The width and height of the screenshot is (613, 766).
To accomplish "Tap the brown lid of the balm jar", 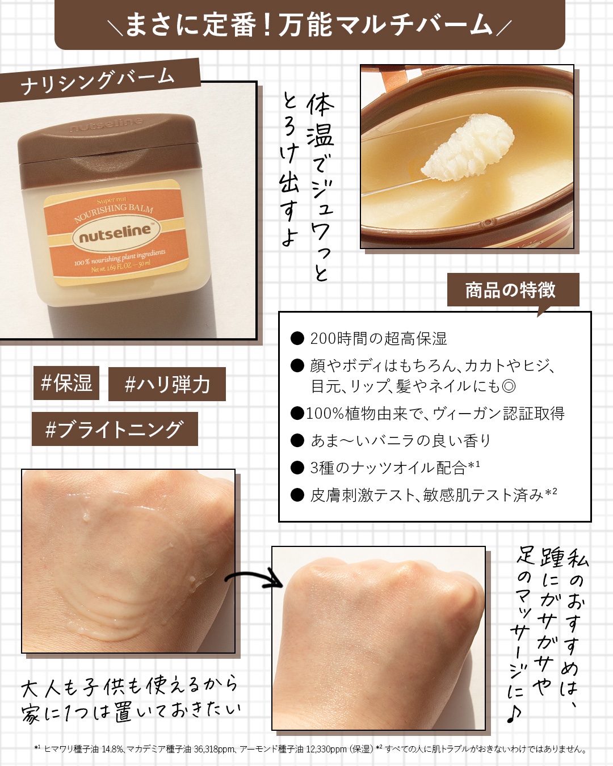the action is (x=108, y=149).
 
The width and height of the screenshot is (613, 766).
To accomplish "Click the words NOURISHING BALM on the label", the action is (x=114, y=212).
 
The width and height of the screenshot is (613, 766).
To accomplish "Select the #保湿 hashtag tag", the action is (x=66, y=382).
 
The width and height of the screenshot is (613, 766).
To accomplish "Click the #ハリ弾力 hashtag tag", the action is (x=167, y=384).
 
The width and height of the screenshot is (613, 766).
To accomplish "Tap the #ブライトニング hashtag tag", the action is (x=115, y=428).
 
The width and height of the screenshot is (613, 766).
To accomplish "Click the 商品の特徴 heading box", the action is (x=513, y=290).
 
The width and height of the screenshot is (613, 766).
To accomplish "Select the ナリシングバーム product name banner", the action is (x=99, y=81).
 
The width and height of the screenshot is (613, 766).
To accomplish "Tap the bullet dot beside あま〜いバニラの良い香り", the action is (x=297, y=441).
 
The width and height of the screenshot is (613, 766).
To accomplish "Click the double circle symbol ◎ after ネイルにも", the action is (x=509, y=386).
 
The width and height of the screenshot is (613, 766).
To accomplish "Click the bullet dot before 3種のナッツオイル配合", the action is (x=297, y=468).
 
